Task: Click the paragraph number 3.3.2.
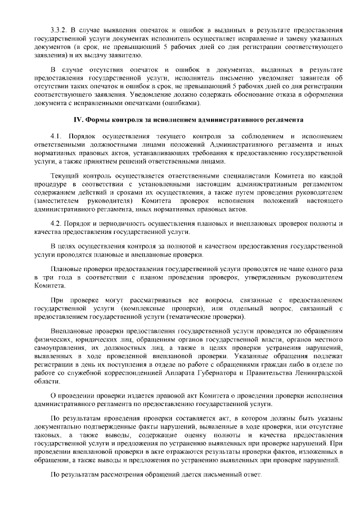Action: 60,28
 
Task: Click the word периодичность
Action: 122,223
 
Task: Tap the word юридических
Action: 87,340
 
